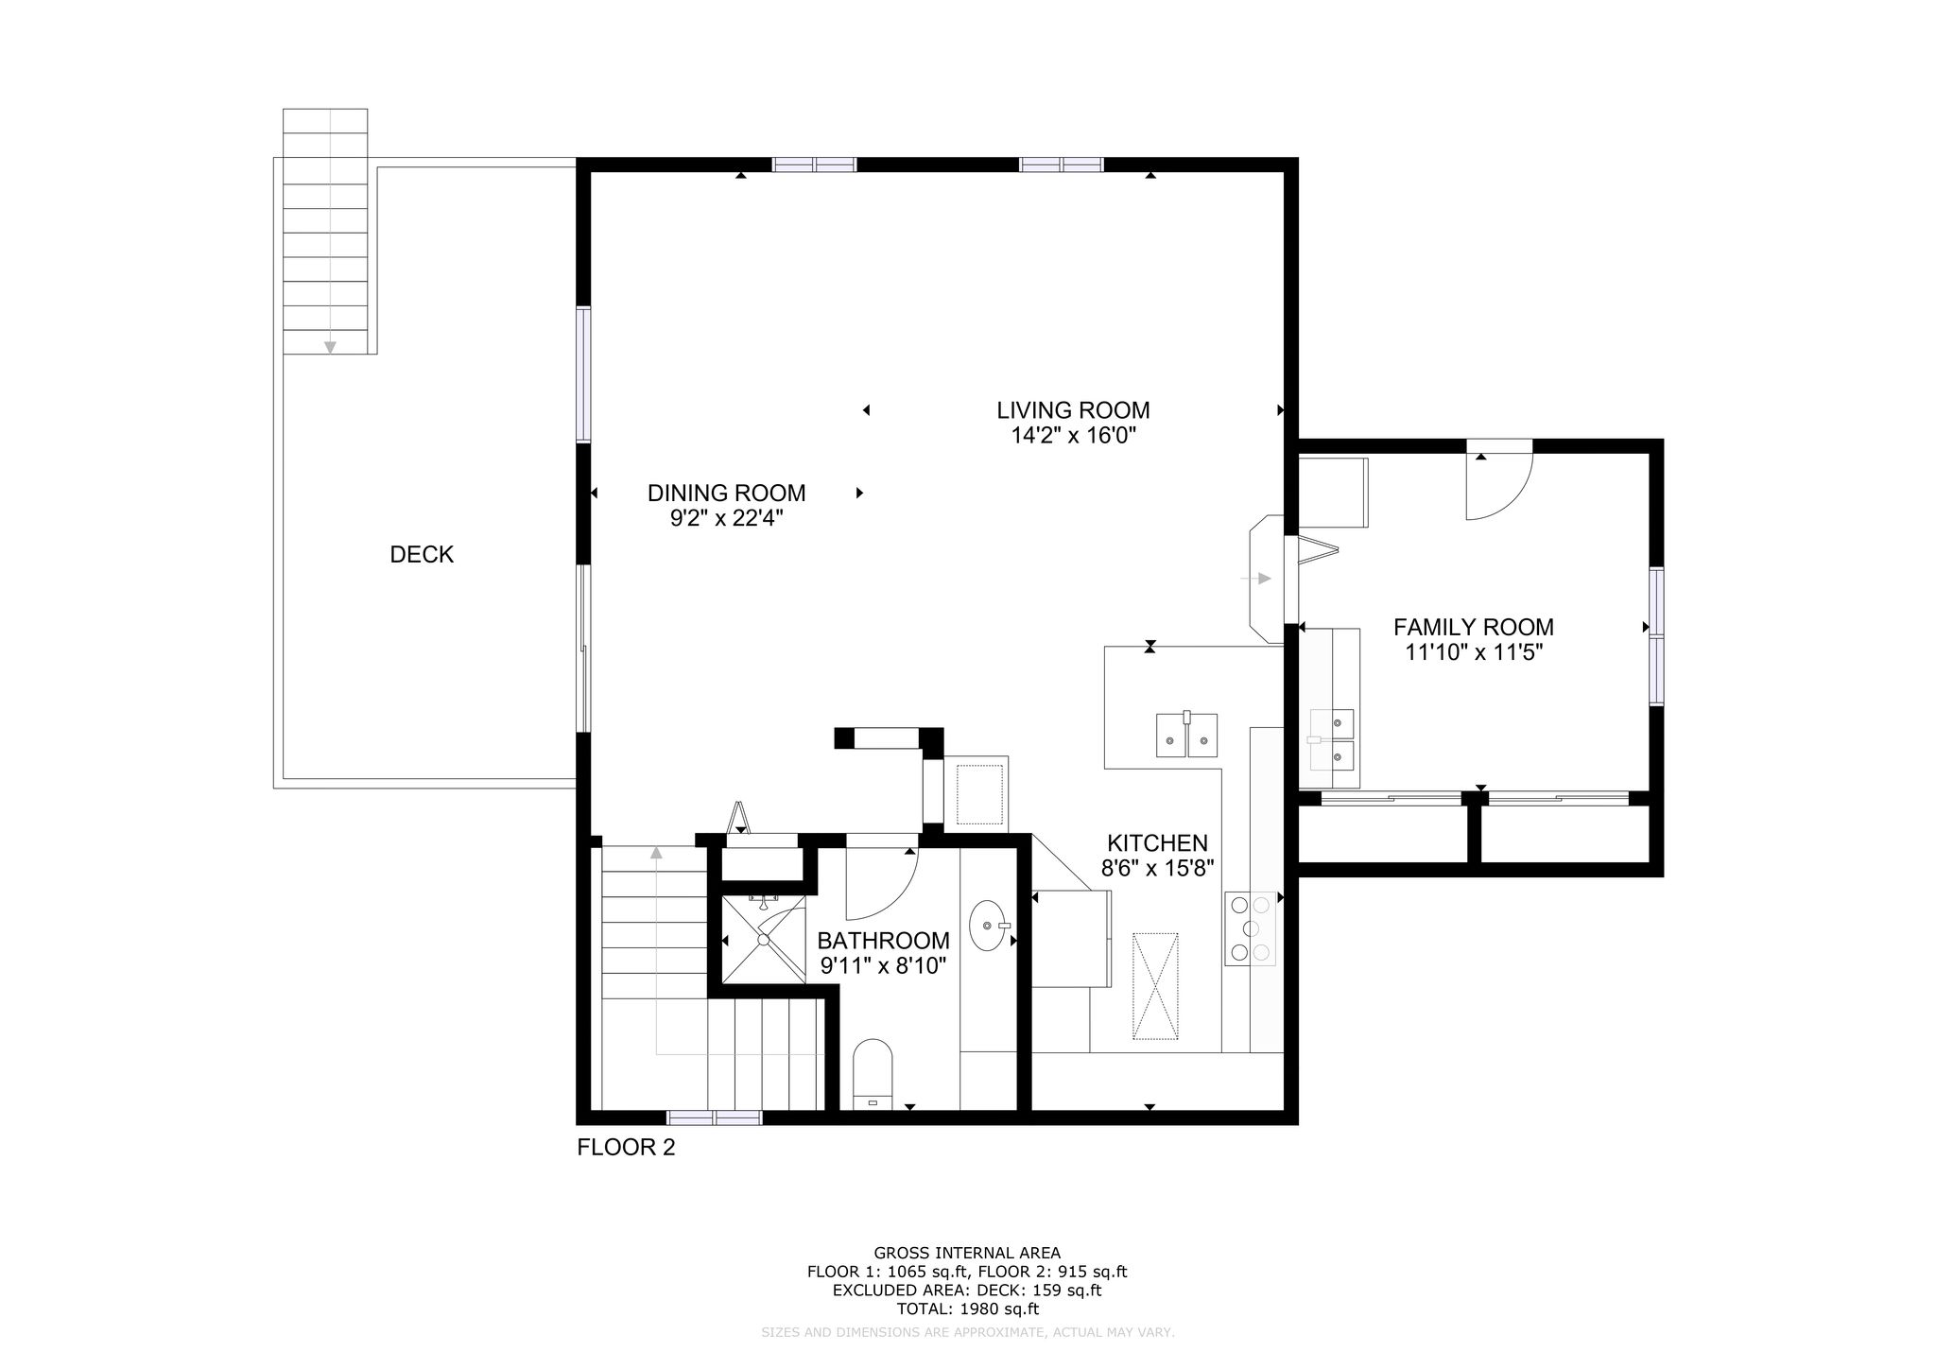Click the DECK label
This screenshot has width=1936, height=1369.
tap(422, 555)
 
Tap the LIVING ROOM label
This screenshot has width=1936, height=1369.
tap(1073, 410)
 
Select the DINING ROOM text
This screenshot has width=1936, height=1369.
tap(726, 493)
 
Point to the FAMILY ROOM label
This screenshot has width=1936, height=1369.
tap(1474, 627)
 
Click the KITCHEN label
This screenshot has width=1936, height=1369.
tap(1157, 843)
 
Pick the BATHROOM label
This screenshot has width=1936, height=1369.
tap(883, 941)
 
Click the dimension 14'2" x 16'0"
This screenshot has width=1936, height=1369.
tap(1073, 436)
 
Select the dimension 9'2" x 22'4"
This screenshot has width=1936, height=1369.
tap(726, 518)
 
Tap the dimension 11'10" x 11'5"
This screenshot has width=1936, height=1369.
tap(1474, 652)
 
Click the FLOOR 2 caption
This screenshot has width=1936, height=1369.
tap(626, 1148)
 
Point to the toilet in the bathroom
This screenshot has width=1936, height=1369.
tap(873, 1074)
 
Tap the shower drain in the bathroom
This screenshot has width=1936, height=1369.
tap(763, 939)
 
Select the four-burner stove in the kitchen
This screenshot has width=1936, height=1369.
tap(1249, 928)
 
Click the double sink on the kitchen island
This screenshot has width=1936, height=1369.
tap(1186, 736)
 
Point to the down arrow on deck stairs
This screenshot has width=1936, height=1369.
tap(330, 347)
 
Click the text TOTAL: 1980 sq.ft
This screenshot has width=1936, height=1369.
tap(967, 1309)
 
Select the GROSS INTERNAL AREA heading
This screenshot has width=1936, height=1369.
tap(967, 1254)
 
